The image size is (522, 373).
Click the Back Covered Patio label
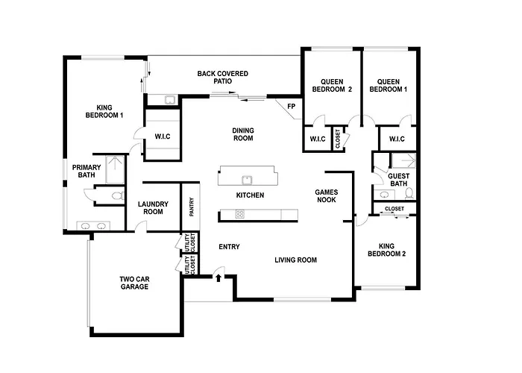(223, 78)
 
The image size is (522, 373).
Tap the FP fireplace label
(292, 107)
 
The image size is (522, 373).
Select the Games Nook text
(327, 195)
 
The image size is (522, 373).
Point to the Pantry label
(192, 207)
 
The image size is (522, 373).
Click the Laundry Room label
(153, 208)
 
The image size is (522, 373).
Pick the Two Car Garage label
(134, 283)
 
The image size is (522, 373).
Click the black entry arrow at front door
(218, 278)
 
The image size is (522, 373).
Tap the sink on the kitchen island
(247, 180)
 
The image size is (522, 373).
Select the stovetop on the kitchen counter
(239, 214)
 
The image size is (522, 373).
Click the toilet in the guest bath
(409, 193)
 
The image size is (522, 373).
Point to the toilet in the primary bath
(118, 195)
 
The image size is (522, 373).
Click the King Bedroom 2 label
(386, 250)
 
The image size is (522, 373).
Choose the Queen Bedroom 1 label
(389, 86)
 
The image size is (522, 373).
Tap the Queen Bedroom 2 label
(332, 86)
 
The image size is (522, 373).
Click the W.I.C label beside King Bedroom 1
(163, 137)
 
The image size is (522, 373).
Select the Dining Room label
(243, 134)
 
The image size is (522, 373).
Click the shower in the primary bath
(115, 169)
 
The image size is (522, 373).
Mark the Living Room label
(295, 260)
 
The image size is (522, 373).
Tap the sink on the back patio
(170, 100)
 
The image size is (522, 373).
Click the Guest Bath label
(398, 180)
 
